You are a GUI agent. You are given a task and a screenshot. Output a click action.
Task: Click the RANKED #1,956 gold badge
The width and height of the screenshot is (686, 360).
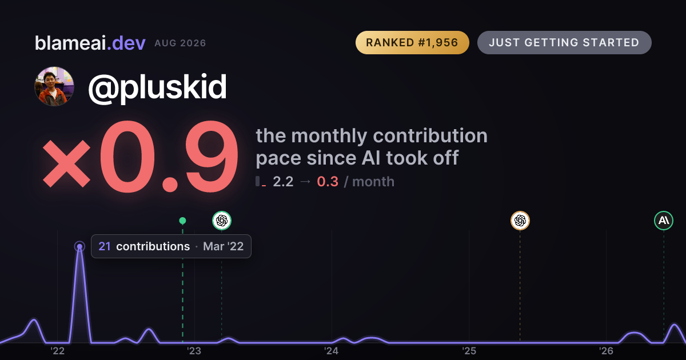click(412, 42)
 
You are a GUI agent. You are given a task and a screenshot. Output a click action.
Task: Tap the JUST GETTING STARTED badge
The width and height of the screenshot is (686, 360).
click(564, 42)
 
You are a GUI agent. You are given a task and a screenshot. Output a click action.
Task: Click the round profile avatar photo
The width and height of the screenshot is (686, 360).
click(54, 87)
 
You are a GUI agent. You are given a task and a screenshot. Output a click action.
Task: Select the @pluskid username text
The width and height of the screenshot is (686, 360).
click(157, 87)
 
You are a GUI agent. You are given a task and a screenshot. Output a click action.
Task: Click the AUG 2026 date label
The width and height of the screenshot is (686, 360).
click(180, 43)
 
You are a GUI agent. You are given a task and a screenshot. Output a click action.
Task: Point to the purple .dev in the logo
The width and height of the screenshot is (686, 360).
click(126, 43)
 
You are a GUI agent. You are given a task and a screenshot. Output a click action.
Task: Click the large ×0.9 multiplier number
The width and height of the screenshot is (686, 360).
click(140, 157)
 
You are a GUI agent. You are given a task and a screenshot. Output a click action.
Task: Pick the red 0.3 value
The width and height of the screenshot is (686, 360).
click(328, 182)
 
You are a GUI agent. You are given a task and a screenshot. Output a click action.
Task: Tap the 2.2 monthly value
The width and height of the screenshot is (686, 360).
click(283, 182)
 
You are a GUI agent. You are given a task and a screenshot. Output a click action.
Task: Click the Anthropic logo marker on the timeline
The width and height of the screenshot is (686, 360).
click(664, 221)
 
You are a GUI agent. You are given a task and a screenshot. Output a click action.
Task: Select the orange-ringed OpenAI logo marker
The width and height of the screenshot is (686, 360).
click(520, 221)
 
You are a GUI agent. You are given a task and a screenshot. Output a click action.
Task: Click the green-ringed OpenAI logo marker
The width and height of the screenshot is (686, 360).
click(222, 221)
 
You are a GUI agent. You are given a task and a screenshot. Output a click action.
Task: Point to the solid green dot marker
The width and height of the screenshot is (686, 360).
click(182, 221)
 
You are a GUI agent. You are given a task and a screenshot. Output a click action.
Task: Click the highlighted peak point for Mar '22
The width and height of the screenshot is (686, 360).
click(79, 246)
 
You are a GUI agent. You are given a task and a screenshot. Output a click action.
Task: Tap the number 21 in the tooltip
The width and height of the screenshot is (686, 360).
click(105, 246)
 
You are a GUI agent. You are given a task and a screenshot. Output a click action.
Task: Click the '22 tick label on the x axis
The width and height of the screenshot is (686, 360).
click(58, 351)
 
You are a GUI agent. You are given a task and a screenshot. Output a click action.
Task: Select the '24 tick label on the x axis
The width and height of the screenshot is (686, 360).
click(332, 351)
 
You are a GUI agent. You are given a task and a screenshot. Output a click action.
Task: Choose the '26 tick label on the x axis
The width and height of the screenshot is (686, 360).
click(607, 351)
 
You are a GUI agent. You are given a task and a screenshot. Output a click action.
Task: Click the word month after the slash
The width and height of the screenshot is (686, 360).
click(373, 182)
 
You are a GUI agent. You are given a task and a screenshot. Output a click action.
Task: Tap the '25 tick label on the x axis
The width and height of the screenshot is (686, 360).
click(469, 351)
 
